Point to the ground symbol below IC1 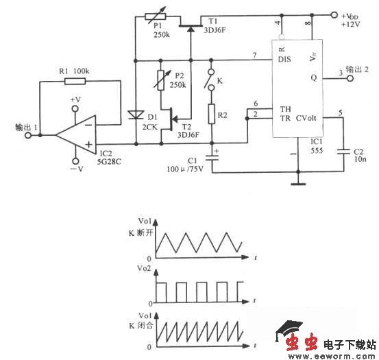click(x=296, y=183)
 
